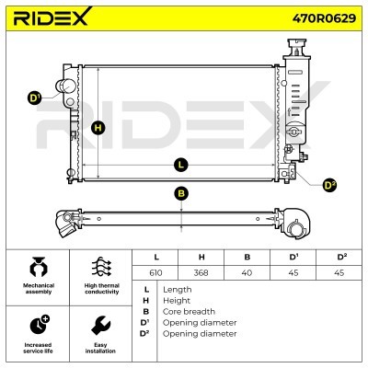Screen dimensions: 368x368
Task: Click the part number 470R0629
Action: tap(324, 18)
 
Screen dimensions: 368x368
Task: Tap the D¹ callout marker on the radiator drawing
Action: tap(34, 98)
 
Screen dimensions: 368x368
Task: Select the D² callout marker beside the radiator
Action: tap(329, 185)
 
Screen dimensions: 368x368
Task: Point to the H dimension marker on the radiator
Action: tap(98, 128)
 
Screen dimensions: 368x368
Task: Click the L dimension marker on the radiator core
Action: tap(181, 165)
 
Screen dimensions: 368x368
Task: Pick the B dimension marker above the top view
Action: tap(181, 193)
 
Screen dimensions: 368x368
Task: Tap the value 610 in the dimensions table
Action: tap(155, 272)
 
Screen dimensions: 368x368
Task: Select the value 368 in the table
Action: tap(201, 272)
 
